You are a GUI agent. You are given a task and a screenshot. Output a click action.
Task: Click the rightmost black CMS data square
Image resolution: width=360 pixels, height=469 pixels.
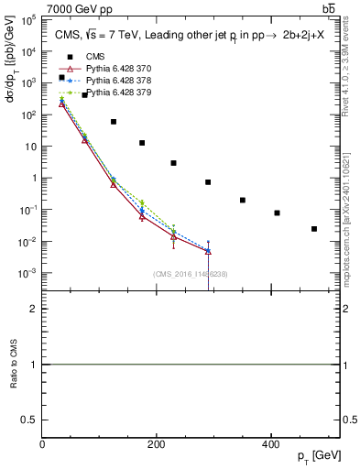pos(314,229)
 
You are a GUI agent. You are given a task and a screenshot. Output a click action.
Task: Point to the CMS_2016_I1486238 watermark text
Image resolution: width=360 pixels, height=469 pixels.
pos(191,273)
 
